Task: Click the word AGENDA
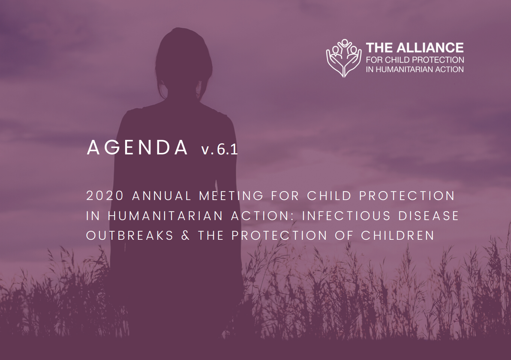(x=137, y=148)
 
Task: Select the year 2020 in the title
(x=105, y=196)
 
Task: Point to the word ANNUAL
(x=162, y=196)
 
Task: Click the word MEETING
(x=231, y=196)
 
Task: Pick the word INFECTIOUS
(x=346, y=216)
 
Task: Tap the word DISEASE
(x=429, y=216)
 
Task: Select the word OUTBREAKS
(x=130, y=235)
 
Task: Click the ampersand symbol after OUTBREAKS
(x=186, y=235)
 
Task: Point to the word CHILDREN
(x=397, y=235)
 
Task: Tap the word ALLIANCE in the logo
(x=430, y=48)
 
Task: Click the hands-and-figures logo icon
(x=344, y=58)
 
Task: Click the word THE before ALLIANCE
(x=380, y=48)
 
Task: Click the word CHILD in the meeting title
(x=329, y=196)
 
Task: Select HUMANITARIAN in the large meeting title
(x=165, y=216)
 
